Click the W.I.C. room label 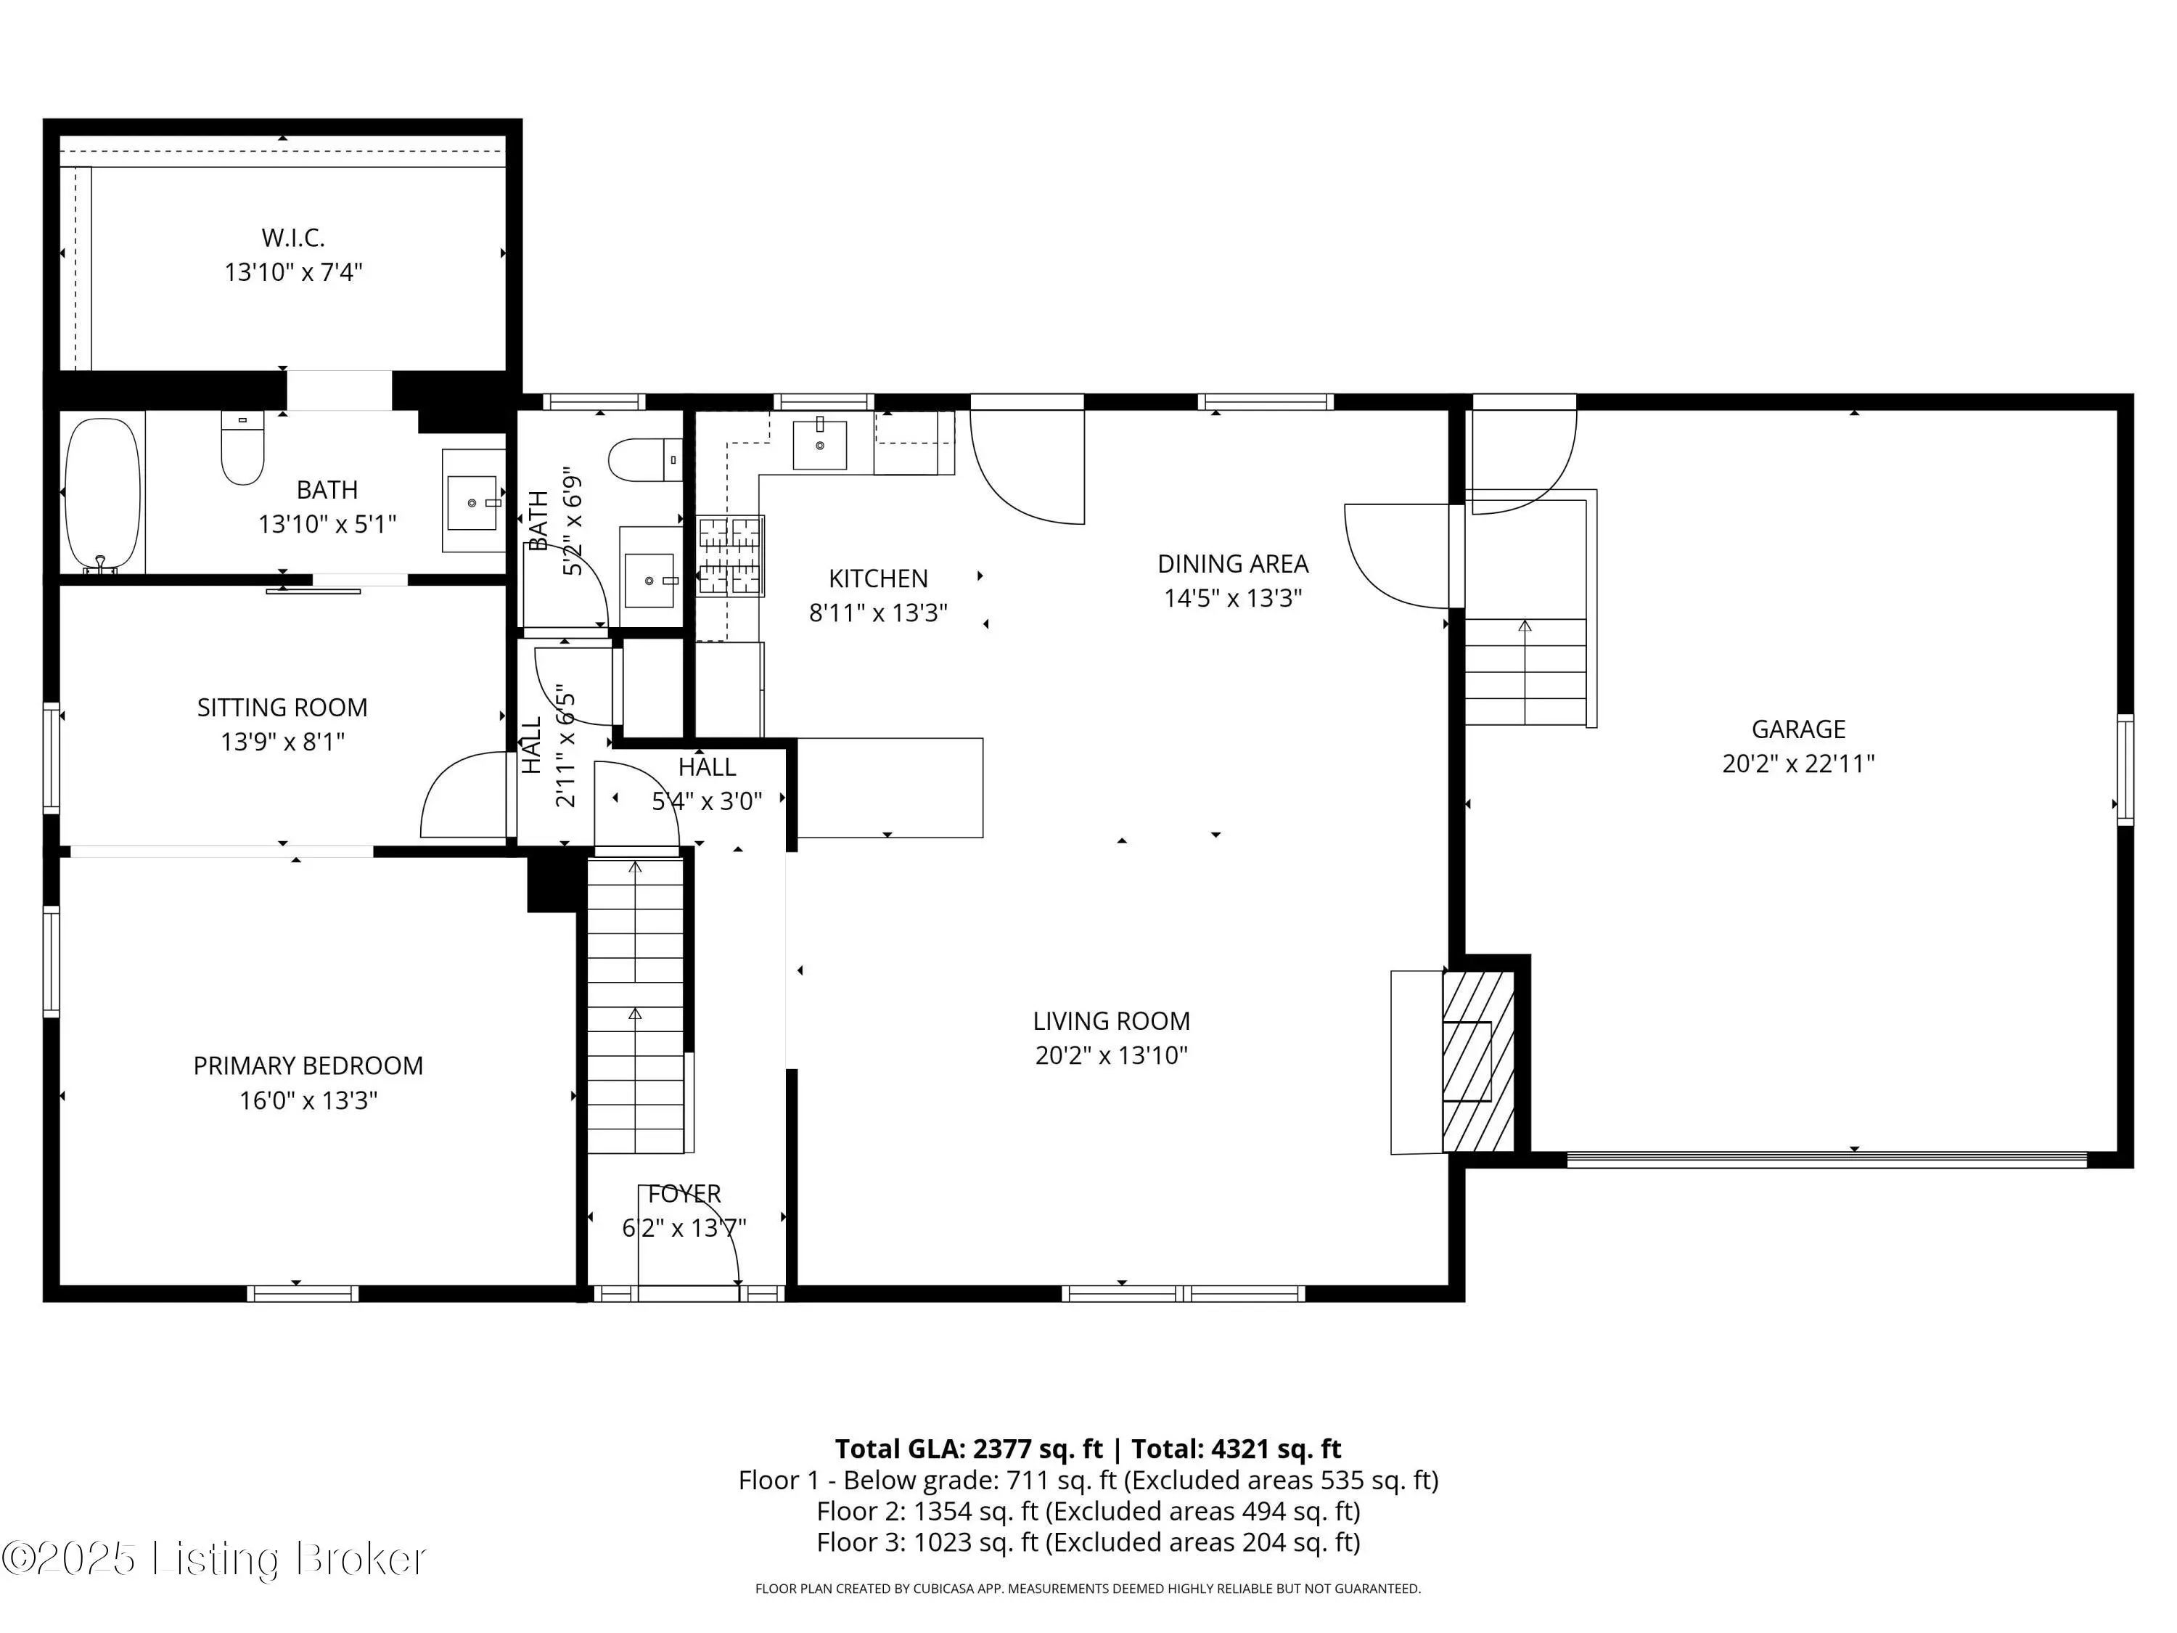coord(293,237)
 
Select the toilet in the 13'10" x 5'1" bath coord(242,448)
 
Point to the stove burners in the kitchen coord(730,556)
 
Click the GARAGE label coord(1798,729)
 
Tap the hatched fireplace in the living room coord(1478,1062)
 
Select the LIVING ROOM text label coord(1111,1020)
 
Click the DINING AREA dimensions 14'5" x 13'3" coord(1233,597)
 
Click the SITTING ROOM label coord(282,707)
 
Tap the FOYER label coord(685,1194)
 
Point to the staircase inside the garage coord(1527,671)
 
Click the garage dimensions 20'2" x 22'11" coord(1798,764)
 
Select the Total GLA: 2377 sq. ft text coord(969,1449)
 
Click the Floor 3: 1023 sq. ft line coord(1088,1542)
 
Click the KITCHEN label coord(878,578)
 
